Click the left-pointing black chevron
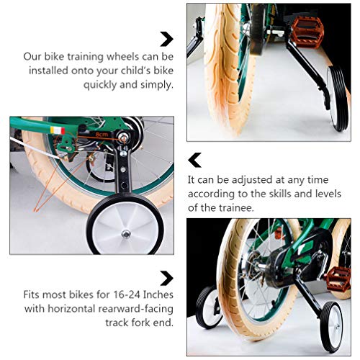(x=194, y=159)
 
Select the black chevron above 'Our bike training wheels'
(x=166, y=39)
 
